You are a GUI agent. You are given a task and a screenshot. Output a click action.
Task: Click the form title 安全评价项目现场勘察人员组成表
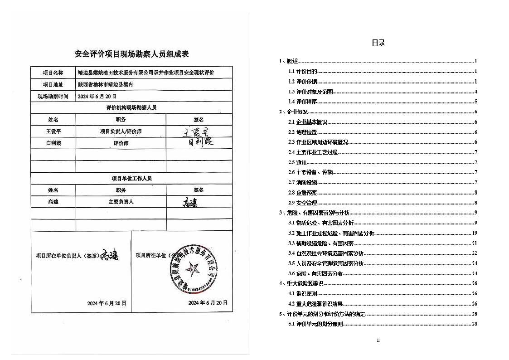point(131,54)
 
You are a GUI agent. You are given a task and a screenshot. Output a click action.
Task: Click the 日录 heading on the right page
point(378,43)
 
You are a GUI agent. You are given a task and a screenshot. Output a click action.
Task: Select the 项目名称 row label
point(53,73)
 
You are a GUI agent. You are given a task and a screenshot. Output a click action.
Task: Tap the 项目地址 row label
point(53,84)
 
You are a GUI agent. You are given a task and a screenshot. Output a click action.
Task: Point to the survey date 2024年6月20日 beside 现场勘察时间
point(97,96)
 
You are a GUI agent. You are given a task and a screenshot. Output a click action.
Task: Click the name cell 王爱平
point(53,131)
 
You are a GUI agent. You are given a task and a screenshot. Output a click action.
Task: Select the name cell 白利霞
point(53,143)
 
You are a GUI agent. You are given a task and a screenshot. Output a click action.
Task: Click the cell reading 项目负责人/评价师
point(121,131)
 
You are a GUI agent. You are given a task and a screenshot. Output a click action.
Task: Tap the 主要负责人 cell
point(121,202)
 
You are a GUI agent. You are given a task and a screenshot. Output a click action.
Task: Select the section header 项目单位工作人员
point(131,178)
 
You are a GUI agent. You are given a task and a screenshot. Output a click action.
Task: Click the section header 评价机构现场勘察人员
point(131,108)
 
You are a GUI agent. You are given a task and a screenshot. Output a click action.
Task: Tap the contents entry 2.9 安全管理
point(302,203)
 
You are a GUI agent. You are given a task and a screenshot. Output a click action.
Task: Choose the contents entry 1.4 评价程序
point(302,102)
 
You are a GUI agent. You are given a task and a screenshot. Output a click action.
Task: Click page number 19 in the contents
point(475,233)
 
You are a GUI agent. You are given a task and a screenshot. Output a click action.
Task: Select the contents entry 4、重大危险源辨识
point(301,283)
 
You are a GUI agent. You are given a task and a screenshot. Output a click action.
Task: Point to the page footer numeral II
point(378,340)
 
